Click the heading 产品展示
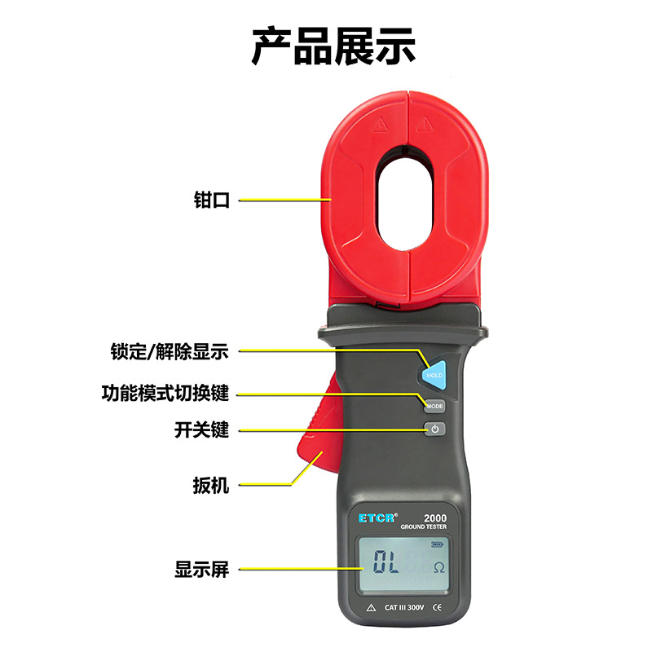coord(333,46)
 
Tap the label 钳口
coord(212,200)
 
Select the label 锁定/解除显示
coord(170,351)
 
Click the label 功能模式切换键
coord(165,393)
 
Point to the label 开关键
coord(201,430)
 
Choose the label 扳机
coord(211,485)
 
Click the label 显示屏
coord(201,569)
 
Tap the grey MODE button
coord(434,406)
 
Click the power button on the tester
coord(435,429)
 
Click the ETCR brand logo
coord(377,518)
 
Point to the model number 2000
coord(435,518)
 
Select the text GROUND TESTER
coord(423,526)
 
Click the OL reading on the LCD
coord(385,562)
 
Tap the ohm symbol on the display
coord(439,567)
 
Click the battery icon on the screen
coord(437,544)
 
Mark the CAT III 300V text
coord(403,607)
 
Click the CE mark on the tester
coord(437,607)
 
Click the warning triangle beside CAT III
coord(371,607)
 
